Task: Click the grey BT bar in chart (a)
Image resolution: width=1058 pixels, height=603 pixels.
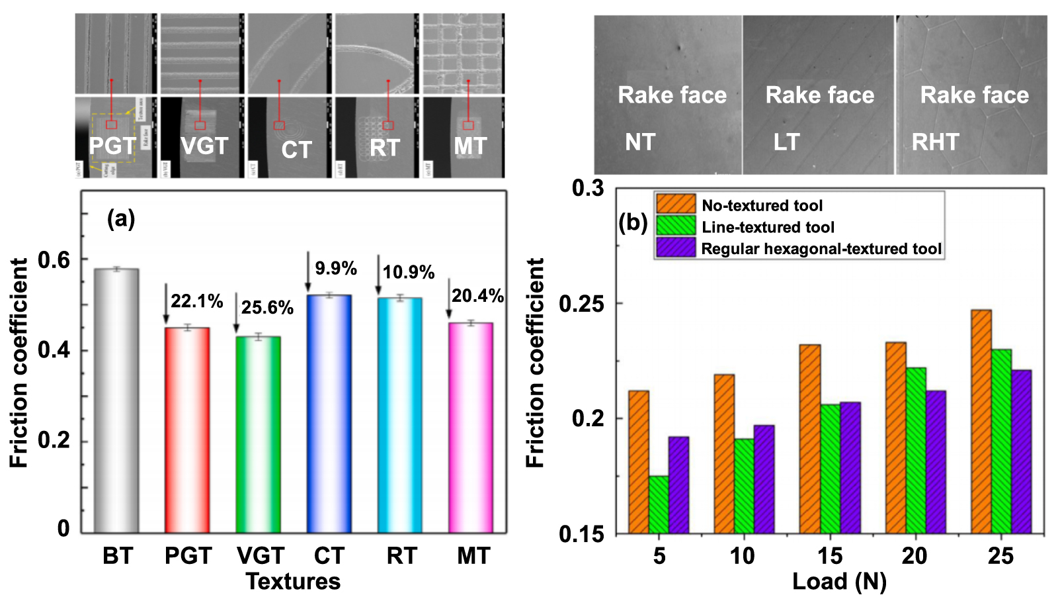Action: pyautogui.click(x=116, y=401)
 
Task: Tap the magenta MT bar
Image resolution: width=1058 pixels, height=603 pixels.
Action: pyautogui.click(x=471, y=428)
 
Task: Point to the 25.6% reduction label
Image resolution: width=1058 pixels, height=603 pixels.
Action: pyautogui.click(x=267, y=308)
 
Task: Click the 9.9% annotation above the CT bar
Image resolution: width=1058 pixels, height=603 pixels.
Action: pyautogui.click(x=336, y=268)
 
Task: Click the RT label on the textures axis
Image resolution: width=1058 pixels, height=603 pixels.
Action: pyautogui.click(x=401, y=556)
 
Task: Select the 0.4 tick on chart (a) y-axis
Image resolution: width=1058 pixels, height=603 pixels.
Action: pyautogui.click(x=54, y=349)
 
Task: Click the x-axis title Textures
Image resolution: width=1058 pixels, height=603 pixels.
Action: pyautogui.click(x=293, y=581)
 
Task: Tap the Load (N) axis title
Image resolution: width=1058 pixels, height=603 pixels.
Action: pyautogui.click(x=839, y=581)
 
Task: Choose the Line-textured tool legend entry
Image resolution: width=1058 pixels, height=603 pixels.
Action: pyautogui.click(x=768, y=227)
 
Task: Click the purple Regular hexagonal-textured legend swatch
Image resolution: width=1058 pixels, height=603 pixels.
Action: pyautogui.click(x=675, y=248)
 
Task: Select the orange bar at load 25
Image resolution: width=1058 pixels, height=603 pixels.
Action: pyautogui.click(x=981, y=421)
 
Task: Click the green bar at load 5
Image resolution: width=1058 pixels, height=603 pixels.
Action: pyautogui.click(x=659, y=504)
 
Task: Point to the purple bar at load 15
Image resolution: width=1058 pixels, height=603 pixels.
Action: pyautogui.click(x=850, y=467)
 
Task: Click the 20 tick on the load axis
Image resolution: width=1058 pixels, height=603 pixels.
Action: pyautogui.click(x=915, y=556)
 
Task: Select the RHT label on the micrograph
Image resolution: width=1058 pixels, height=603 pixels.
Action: pyautogui.click(x=935, y=142)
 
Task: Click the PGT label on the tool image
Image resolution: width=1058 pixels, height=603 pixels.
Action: pyautogui.click(x=112, y=146)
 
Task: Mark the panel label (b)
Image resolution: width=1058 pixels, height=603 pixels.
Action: pyautogui.click(x=633, y=222)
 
